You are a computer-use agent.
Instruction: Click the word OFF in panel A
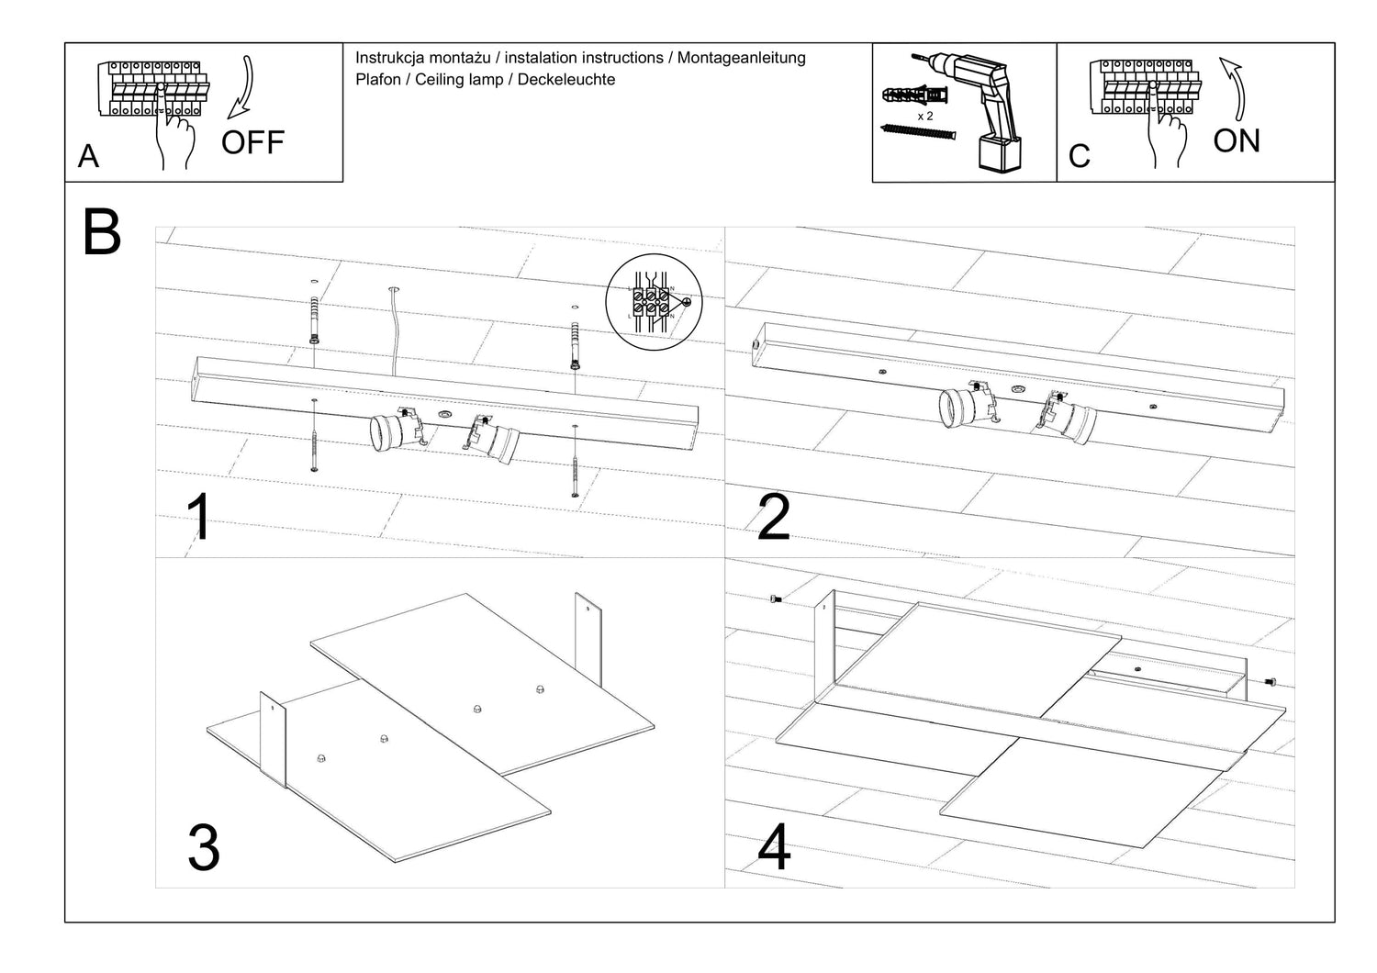[x=252, y=142]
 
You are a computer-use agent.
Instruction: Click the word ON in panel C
[x=1236, y=141]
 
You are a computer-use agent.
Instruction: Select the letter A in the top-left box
[x=88, y=157]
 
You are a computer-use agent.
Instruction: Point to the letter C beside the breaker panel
[x=1080, y=157]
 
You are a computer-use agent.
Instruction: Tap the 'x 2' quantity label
[x=925, y=117]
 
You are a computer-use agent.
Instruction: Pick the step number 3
[x=203, y=848]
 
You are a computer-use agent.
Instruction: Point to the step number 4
[x=774, y=848]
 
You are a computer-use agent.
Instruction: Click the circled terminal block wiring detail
[x=654, y=302]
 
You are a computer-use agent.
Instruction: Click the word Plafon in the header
[x=378, y=80]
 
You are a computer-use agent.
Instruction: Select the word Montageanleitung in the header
[x=744, y=58]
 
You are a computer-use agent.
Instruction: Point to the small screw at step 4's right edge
[x=1271, y=682]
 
